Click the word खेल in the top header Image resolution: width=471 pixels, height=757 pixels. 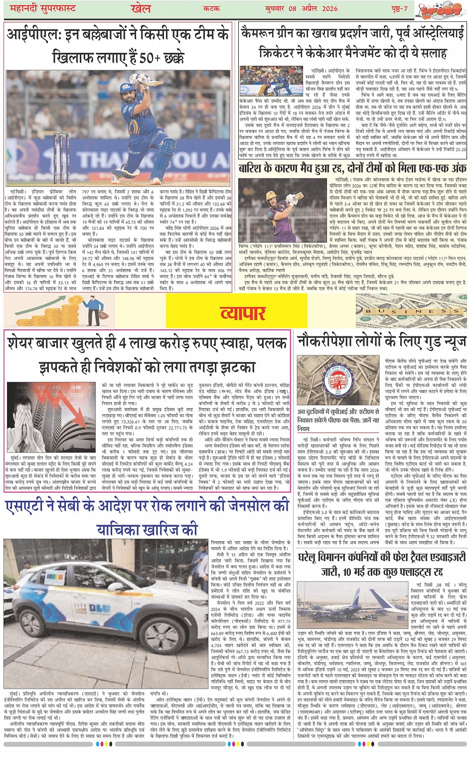click(141, 8)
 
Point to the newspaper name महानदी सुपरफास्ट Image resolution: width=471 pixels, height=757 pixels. click(40, 8)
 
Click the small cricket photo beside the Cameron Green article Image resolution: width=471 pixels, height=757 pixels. click(271, 82)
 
